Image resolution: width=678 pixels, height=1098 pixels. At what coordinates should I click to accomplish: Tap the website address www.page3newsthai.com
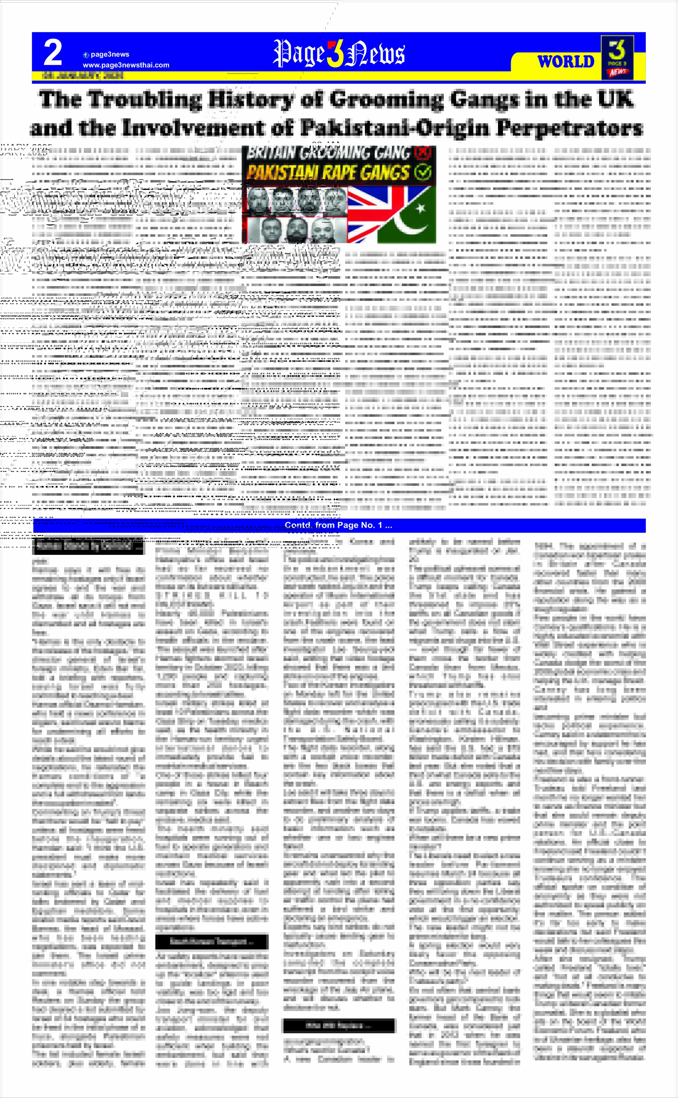tap(126, 65)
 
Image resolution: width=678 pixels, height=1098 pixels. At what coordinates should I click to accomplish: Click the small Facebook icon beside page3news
tap(86, 55)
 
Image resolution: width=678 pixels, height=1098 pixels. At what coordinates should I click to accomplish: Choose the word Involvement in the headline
tap(195, 128)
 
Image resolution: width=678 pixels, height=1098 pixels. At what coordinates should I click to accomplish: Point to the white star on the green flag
tap(421, 208)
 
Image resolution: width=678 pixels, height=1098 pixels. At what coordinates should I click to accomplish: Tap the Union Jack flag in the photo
tap(370, 215)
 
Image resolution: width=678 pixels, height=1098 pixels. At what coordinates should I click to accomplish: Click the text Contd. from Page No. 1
tap(339, 525)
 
